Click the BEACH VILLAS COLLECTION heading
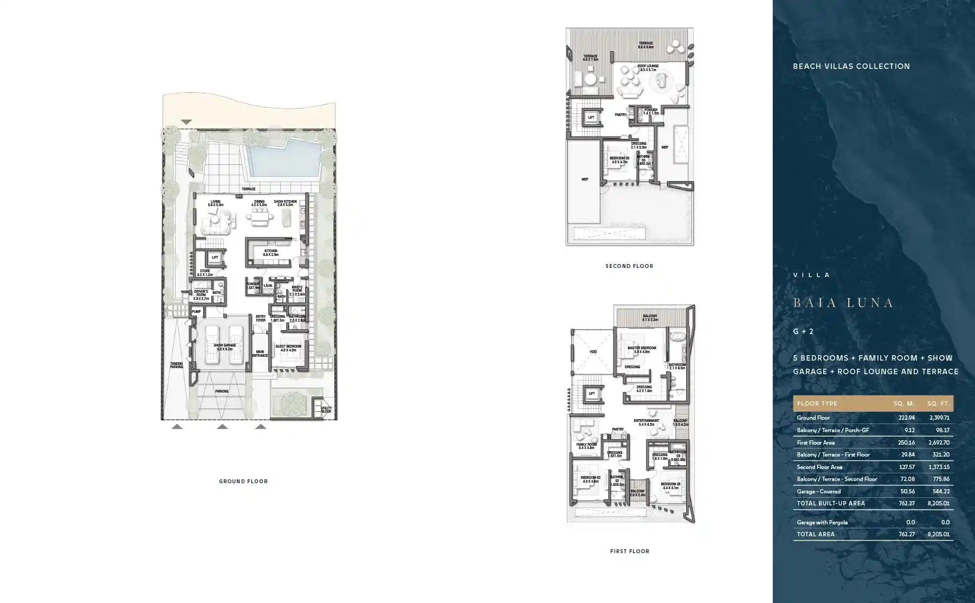[x=851, y=66]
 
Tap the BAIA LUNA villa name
[x=843, y=303]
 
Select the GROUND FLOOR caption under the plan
[x=243, y=481]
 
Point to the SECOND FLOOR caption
[x=629, y=266]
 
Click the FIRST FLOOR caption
[x=629, y=551]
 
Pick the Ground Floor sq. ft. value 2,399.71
[x=939, y=418]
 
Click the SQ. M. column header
[x=904, y=403]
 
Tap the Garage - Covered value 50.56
[x=906, y=491]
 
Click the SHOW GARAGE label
[x=224, y=345]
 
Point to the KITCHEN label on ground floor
[x=270, y=251]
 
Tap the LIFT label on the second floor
[x=591, y=117]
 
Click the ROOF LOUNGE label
[x=648, y=66]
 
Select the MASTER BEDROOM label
[x=642, y=348]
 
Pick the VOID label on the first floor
[x=593, y=351]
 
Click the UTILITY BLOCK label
[x=326, y=409]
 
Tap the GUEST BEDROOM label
[x=288, y=347]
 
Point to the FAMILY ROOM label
[x=586, y=444]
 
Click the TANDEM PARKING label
[x=176, y=365]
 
